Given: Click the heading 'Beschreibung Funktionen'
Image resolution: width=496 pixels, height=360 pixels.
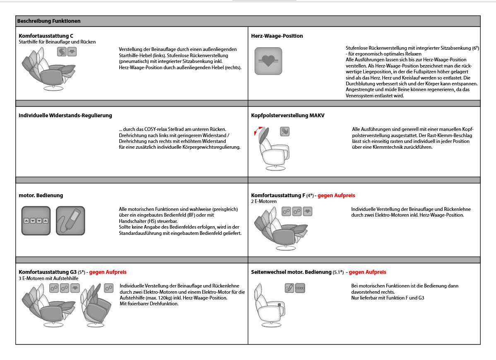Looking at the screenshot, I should (x=49, y=21).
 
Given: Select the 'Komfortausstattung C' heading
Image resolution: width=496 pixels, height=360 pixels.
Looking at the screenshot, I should (x=46, y=36).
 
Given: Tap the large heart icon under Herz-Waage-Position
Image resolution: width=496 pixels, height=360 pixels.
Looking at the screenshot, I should (x=268, y=61).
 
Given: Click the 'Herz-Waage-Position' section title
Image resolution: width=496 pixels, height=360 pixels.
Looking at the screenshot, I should (x=277, y=36).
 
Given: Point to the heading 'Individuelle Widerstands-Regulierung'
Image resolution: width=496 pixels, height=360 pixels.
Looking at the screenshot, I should (x=65, y=116).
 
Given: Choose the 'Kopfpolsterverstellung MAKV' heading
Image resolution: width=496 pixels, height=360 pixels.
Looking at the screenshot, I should (x=288, y=116).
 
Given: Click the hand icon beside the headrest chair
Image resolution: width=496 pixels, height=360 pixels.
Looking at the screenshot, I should (x=284, y=132).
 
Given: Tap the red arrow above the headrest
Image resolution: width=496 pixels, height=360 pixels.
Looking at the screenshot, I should (x=257, y=133).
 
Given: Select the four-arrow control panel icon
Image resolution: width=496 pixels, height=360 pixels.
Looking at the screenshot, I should (x=36, y=221).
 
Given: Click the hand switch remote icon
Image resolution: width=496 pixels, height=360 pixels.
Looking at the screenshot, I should (x=70, y=221).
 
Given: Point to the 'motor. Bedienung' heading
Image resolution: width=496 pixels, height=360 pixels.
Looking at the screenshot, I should (x=41, y=196).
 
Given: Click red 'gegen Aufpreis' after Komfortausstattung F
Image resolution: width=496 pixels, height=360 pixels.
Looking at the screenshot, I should (x=336, y=196).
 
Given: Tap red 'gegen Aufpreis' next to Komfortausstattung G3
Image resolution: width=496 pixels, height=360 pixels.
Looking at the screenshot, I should (x=108, y=272).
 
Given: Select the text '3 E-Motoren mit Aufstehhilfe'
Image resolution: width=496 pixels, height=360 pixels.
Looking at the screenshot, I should (x=49, y=278).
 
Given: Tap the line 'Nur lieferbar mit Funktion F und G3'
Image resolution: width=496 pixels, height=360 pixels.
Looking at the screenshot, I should (x=388, y=298).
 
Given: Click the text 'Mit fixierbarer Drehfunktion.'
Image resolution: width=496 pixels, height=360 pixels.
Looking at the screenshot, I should (x=149, y=304).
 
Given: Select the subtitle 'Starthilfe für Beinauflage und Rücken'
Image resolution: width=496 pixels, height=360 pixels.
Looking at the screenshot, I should (x=57, y=42).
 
